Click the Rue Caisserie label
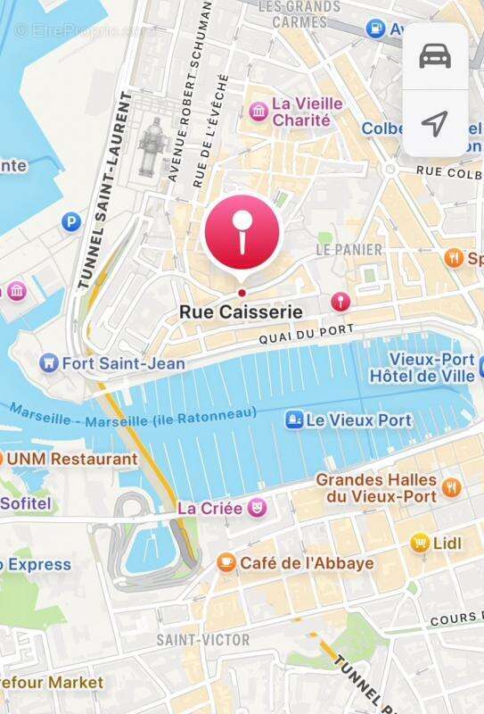[241, 312]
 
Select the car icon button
[434, 56]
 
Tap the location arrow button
[434, 123]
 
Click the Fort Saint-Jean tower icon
[49, 363]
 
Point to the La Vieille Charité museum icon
[259, 111]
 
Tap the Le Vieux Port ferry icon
[292, 419]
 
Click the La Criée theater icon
[257, 508]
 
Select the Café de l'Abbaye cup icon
[226, 562]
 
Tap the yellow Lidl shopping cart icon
[420, 542]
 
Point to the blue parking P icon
[70, 221]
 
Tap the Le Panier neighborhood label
[349, 250]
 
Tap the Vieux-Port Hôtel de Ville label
[422, 369]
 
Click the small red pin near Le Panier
[339, 302]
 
